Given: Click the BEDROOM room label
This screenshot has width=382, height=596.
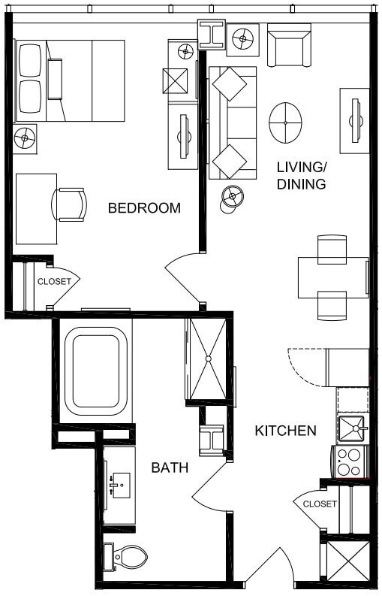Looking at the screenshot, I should pyautogui.click(x=144, y=208).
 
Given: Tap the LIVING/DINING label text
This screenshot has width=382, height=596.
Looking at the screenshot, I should pyautogui.click(x=301, y=175).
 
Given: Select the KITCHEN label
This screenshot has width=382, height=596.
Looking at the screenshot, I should pyautogui.click(x=285, y=431).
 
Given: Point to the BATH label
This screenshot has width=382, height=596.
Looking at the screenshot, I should pyautogui.click(x=170, y=468).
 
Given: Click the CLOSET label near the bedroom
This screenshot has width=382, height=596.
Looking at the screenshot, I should pyautogui.click(x=54, y=282).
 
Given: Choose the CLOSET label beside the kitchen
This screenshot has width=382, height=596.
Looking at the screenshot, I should pyautogui.click(x=320, y=504).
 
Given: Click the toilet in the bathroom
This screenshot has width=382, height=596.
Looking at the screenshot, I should pyautogui.click(x=128, y=557).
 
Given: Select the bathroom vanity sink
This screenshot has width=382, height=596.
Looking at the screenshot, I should pyautogui.click(x=118, y=486).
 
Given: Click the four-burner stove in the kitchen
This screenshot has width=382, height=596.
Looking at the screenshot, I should pyautogui.click(x=350, y=461).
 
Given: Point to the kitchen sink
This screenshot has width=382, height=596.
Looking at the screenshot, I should pyautogui.click(x=350, y=428).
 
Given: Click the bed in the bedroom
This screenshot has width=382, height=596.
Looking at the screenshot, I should pyautogui.click(x=69, y=80).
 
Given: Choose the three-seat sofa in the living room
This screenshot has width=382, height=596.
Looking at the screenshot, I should pyautogui.click(x=231, y=123).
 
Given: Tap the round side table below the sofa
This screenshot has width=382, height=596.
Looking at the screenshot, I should pyautogui.click(x=233, y=198).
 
